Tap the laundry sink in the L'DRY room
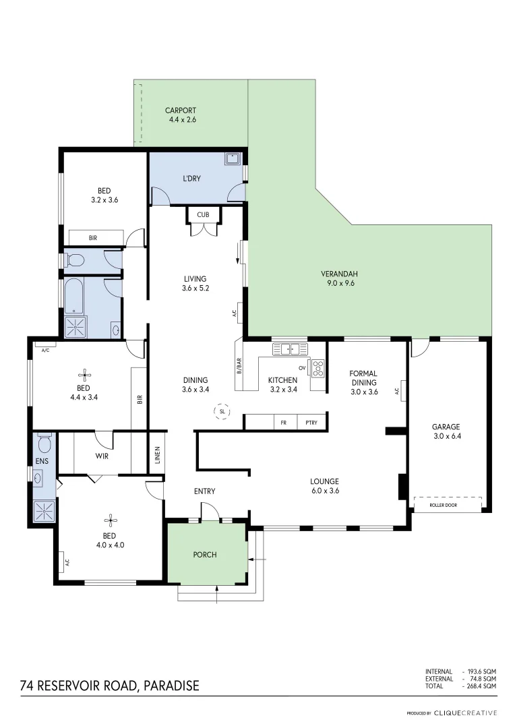coord(233,160)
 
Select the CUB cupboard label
coord(203,214)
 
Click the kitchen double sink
coord(290,349)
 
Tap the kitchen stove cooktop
coord(317,368)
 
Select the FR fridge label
coord(284,423)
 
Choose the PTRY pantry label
coord(311,423)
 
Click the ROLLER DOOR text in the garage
coord(448,504)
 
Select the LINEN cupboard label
coord(157,454)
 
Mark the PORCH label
coord(205,555)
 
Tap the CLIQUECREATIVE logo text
coord(465,712)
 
